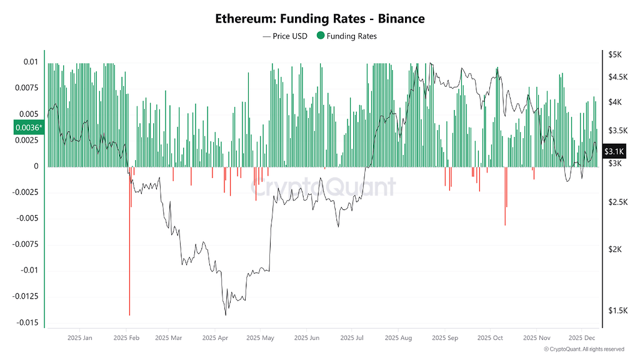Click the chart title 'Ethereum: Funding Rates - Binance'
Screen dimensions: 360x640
coord(320,19)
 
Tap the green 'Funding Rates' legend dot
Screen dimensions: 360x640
coord(321,36)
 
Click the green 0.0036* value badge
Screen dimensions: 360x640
coord(29,128)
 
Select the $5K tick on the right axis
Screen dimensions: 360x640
coord(614,55)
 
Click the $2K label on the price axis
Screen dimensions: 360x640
coord(614,249)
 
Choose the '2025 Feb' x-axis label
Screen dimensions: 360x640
coord(126,338)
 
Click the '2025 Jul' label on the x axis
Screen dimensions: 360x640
coord(352,338)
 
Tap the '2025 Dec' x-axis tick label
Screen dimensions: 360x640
coord(581,338)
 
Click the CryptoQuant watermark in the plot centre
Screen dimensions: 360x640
coord(324,186)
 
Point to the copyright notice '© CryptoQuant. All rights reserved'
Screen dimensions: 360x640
coord(583,349)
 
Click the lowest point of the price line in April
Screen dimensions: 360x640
coord(225,314)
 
